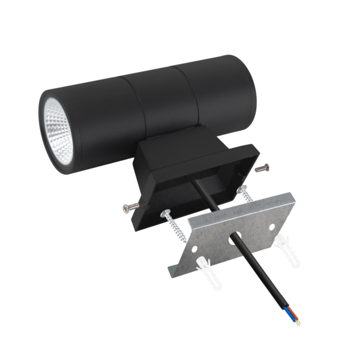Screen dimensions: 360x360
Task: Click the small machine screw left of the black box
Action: [x=128, y=208]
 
